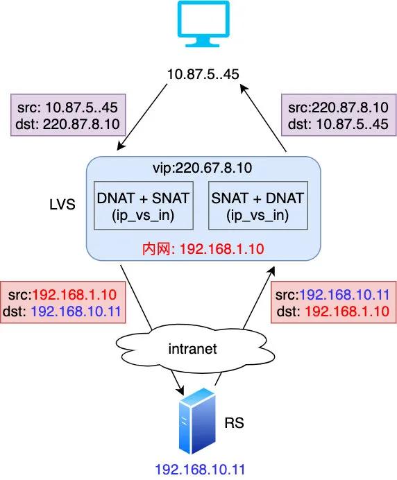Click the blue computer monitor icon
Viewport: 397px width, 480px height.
(204, 24)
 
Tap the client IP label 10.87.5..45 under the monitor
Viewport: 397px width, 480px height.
(203, 74)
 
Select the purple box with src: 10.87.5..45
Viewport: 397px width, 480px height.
(68, 115)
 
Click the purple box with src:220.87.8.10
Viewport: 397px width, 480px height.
(339, 115)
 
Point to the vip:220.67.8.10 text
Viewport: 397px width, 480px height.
(203, 168)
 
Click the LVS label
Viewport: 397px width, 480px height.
(62, 205)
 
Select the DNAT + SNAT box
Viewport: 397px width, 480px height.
(144, 205)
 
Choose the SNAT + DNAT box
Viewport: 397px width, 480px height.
(258, 205)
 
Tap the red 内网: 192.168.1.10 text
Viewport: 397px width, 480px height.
(203, 249)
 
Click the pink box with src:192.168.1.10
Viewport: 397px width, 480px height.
(63, 302)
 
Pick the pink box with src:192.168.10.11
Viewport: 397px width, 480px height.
(334, 302)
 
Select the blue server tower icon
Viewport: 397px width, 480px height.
(198, 421)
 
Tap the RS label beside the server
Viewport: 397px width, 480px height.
(235, 422)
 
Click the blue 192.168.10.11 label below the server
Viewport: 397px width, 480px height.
(200, 470)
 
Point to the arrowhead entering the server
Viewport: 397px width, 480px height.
(180, 391)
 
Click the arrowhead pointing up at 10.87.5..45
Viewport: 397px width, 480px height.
(244, 89)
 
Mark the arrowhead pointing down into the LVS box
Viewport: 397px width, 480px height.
(121, 146)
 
